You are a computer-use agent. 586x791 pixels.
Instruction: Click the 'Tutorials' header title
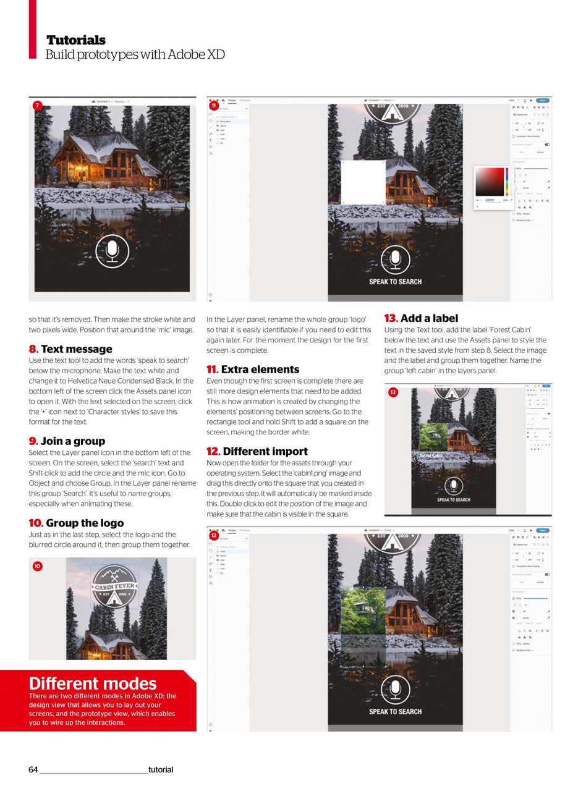click(x=76, y=40)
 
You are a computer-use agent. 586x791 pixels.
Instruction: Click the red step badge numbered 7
click(x=38, y=106)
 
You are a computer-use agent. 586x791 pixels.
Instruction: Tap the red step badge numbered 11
click(x=214, y=106)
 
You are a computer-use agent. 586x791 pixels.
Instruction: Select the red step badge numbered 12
click(x=214, y=536)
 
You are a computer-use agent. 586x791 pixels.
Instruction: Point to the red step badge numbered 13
click(x=393, y=392)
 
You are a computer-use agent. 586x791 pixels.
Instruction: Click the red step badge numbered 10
click(x=38, y=566)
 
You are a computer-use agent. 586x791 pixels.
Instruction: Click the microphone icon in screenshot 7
click(x=112, y=250)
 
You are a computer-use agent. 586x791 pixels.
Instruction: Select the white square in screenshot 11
click(x=363, y=182)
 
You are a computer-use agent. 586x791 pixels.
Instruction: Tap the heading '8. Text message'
click(x=70, y=349)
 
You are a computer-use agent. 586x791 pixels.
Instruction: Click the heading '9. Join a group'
click(x=67, y=441)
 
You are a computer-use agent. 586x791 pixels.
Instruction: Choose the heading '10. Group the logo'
click(x=76, y=523)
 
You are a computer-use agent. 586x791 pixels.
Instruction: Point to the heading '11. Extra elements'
click(x=253, y=370)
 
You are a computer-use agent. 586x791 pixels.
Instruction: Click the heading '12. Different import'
click(x=257, y=451)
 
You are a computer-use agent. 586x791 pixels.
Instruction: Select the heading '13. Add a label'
click(x=421, y=318)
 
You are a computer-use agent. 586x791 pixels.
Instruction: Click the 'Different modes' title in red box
click(x=93, y=683)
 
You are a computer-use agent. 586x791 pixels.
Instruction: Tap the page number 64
click(x=33, y=769)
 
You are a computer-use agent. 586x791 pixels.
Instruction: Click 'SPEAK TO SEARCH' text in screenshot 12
click(x=395, y=711)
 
